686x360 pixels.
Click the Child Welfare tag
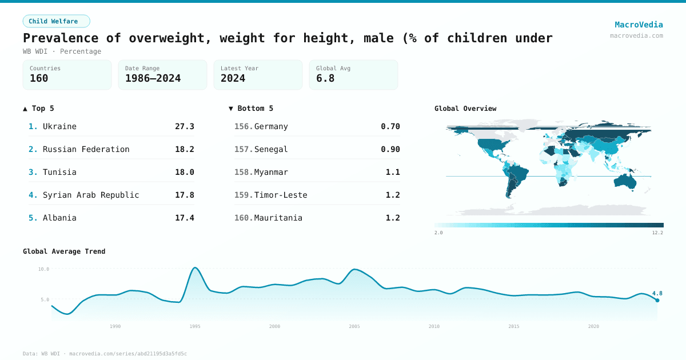point(56,21)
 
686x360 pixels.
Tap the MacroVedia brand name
point(639,25)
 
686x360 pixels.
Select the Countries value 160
point(39,78)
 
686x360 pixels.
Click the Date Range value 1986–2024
point(153,78)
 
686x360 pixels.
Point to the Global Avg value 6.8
point(325,78)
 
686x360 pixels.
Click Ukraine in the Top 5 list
point(59,126)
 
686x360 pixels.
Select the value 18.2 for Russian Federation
point(184,149)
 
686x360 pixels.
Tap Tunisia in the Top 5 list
point(59,172)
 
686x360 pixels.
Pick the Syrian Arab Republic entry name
point(91,195)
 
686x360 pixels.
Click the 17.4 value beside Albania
point(184,218)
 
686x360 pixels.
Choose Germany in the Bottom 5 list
point(271,126)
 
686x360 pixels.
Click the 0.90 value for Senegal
point(390,149)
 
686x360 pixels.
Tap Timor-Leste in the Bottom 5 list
point(281,195)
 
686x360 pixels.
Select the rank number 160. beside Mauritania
point(244,218)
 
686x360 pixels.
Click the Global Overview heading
point(465,109)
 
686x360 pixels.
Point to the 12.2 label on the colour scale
point(657,233)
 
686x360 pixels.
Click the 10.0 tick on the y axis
point(43,269)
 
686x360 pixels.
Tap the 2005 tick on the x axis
point(354,326)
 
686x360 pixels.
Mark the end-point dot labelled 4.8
point(657,300)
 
